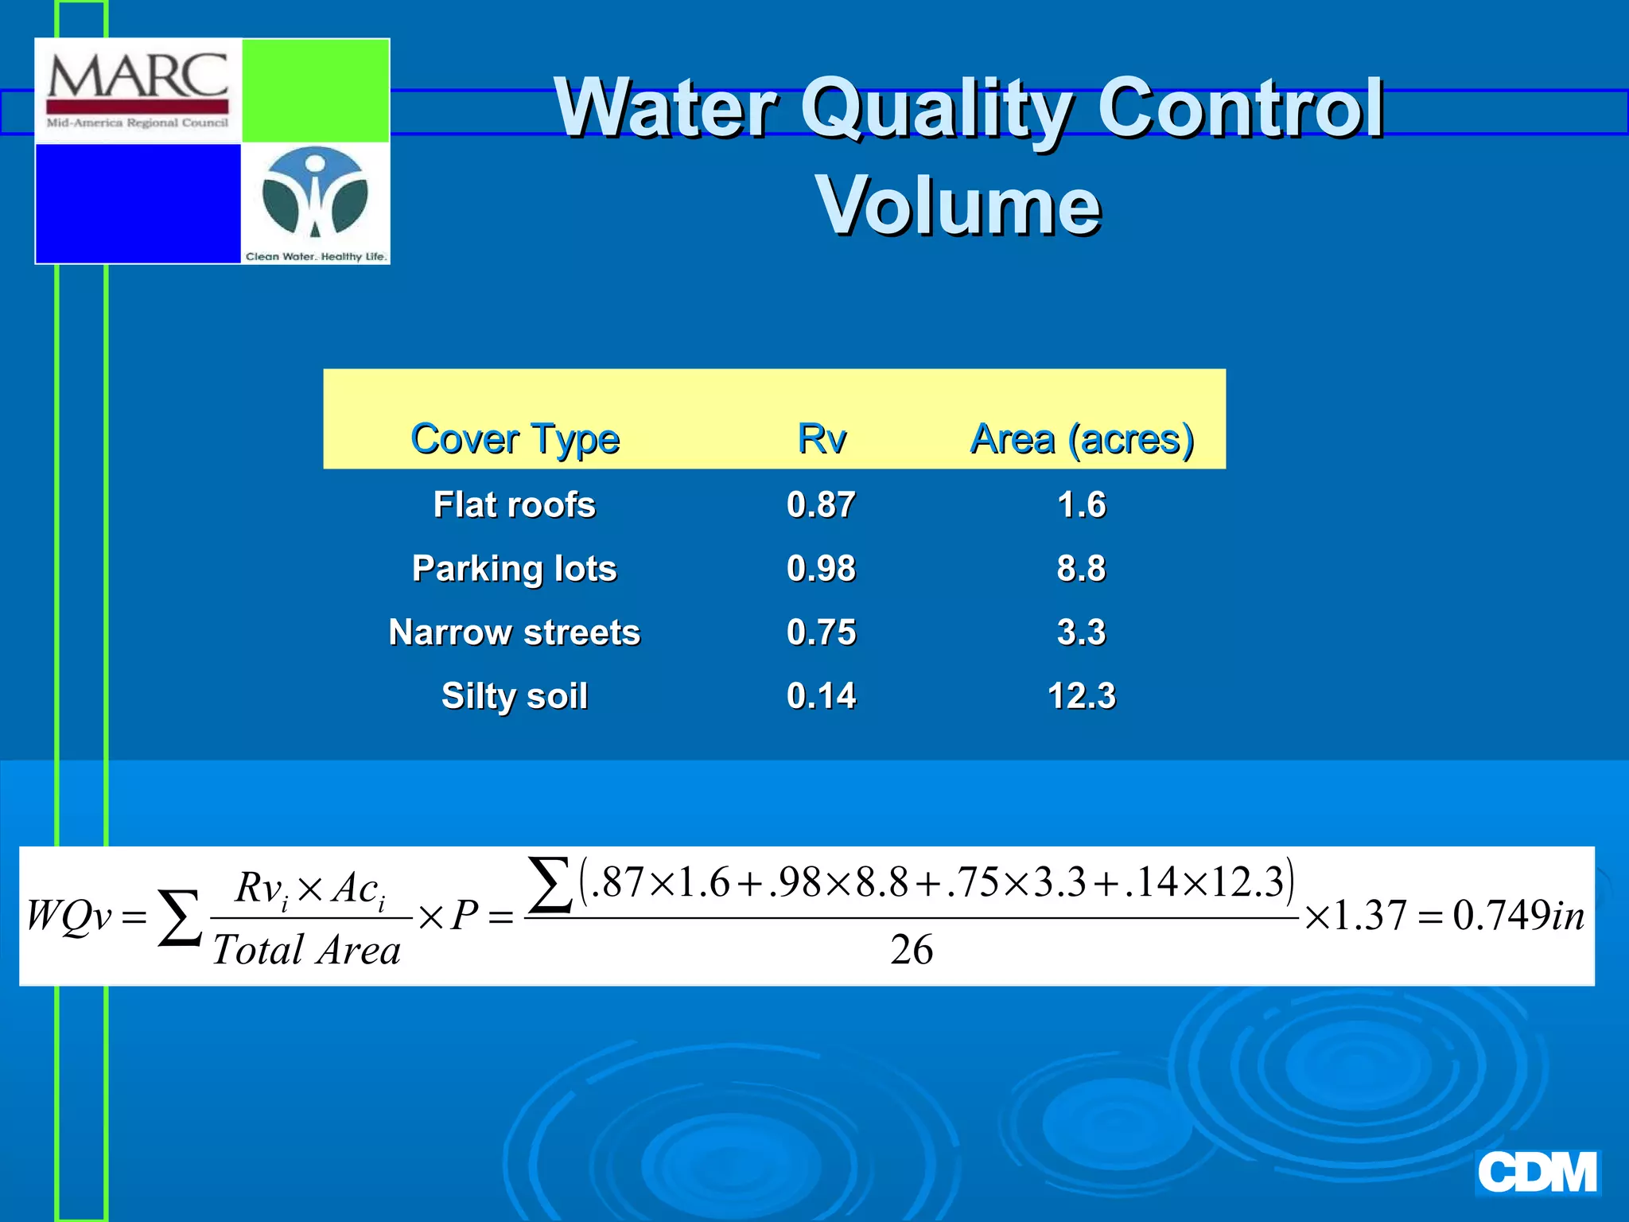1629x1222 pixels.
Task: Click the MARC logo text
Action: [138, 76]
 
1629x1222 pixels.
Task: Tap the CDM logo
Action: [1537, 1173]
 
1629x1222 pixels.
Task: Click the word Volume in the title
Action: [958, 206]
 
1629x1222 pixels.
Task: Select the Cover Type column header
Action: [515, 438]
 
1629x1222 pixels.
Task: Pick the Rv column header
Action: [822, 438]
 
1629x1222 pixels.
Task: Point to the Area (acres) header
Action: [1082, 438]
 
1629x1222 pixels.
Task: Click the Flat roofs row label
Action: [515, 504]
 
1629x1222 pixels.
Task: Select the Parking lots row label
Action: [515, 568]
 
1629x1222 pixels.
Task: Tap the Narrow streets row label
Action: [515, 632]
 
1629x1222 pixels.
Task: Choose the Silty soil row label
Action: [515, 696]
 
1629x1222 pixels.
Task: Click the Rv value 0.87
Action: [822, 504]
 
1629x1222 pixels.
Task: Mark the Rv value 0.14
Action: [822, 696]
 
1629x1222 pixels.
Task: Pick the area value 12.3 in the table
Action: [1082, 696]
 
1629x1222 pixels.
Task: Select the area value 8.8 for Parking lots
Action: [1082, 568]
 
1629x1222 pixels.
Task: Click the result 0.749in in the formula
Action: [1518, 916]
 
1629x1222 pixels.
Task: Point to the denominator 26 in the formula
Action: [912, 950]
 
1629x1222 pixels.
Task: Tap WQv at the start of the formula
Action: [69, 916]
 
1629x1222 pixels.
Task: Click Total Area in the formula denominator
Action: [307, 950]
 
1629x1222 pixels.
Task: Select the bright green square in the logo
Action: [315, 91]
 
